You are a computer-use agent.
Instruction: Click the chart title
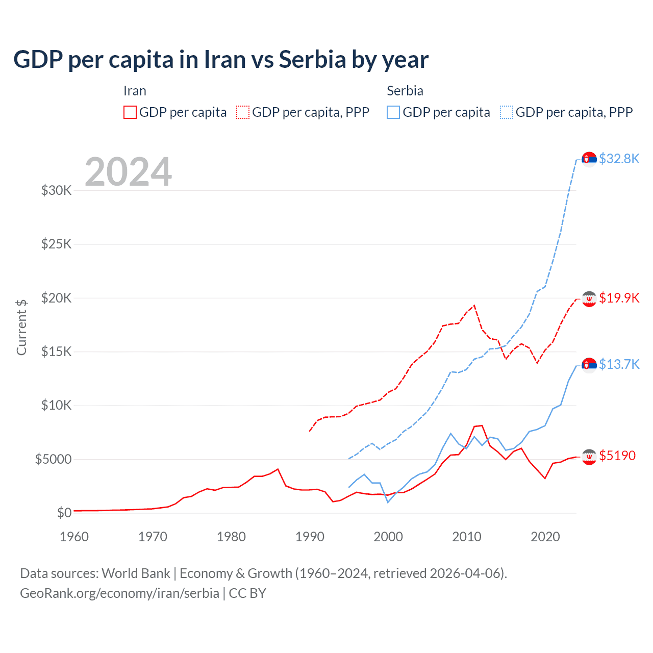coord(221,60)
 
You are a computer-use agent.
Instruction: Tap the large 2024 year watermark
coord(128,172)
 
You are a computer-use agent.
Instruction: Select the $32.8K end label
coord(619,159)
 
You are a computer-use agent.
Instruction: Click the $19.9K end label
coord(619,298)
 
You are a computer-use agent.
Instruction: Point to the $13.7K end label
coord(619,364)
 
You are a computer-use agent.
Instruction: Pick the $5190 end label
coord(617,456)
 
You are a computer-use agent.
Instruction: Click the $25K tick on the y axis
coord(57,244)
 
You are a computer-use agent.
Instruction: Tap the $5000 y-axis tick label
coord(54,459)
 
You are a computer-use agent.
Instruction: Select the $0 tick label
coord(64,513)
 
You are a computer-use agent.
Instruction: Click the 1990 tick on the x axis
coord(310,537)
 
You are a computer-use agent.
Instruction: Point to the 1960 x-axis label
coord(74,537)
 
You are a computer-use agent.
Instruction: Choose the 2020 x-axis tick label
coord(545,537)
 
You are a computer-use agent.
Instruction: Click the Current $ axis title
coord(21,327)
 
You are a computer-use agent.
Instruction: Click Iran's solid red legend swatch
coord(130,112)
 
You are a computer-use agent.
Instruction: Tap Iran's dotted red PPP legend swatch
coord(243,112)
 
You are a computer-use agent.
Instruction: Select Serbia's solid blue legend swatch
coord(393,112)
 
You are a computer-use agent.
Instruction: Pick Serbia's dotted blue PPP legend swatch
coord(507,112)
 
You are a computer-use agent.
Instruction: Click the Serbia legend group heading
coord(405,91)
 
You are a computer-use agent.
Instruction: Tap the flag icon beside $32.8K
coord(589,159)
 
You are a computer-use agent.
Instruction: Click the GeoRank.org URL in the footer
coord(119,593)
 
